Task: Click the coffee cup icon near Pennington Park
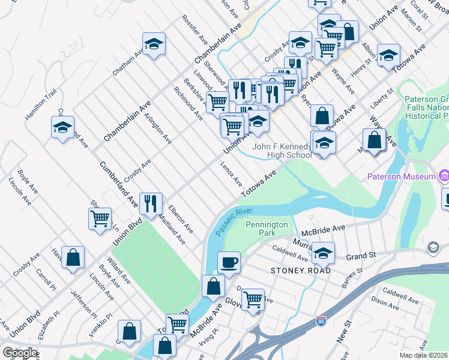tap(228, 262)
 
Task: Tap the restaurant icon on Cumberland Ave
tap(150, 203)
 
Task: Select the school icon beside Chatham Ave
tap(154, 43)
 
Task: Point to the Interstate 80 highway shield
tap(322, 322)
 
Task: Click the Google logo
tap(20, 353)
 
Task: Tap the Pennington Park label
tap(267, 229)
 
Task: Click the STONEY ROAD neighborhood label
tap(301, 271)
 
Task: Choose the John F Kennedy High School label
tap(282, 151)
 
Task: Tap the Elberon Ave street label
tap(181, 220)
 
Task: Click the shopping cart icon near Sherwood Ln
tap(100, 217)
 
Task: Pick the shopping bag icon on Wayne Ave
tap(374, 140)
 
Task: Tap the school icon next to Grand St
tap(323, 253)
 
